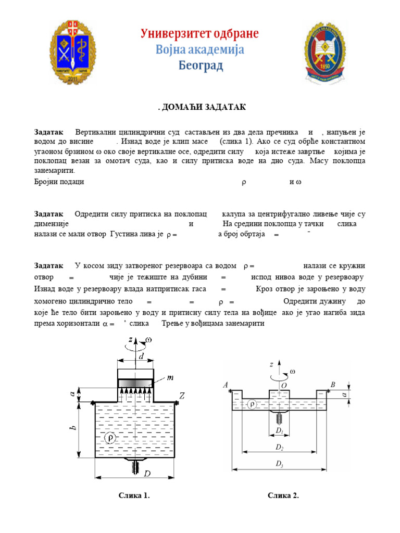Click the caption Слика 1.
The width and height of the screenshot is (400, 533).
point(135,496)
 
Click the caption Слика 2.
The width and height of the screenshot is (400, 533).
point(283,496)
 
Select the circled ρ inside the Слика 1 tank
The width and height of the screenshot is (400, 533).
point(111,438)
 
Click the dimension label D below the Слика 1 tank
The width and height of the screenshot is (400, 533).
point(147,474)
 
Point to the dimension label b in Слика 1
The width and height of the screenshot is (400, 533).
point(74,428)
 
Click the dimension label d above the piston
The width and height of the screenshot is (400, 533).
point(141,357)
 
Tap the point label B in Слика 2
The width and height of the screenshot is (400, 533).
point(333,385)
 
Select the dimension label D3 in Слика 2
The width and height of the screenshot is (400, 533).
point(280,462)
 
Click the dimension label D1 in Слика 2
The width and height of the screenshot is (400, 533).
point(280,431)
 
